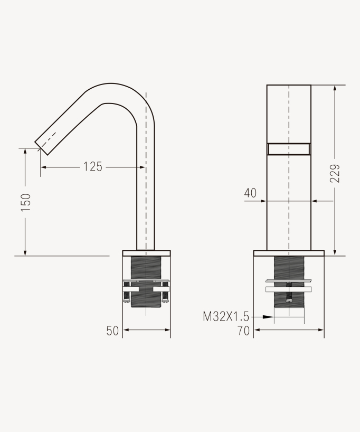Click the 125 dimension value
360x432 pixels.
coord(93,167)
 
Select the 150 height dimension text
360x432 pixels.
coord(26,202)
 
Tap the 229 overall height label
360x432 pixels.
coord(335,173)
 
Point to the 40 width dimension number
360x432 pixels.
coord(250,193)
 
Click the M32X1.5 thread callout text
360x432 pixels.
coord(226,317)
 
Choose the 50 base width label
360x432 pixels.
coord(112,331)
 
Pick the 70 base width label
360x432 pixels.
coord(243,331)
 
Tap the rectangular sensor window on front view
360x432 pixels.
coord(289,149)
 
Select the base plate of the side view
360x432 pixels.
coord(146,253)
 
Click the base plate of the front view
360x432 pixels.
coord(289,253)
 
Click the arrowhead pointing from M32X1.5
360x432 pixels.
coord(269,317)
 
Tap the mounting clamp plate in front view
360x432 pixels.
coord(289,289)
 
